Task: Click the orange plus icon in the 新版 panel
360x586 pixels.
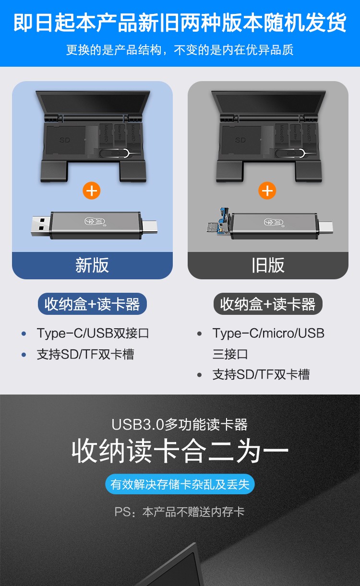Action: [92, 191]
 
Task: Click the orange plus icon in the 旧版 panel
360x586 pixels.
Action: [267, 191]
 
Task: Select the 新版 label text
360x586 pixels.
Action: [92, 265]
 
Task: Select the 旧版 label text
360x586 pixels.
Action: [268, 265]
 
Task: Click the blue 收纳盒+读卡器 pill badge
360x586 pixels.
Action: [92, 304]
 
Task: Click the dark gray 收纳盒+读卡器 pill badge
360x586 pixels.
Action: [268, 304]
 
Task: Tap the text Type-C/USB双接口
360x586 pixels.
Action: [93, 333]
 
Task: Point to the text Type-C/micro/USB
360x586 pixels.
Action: [268, 333]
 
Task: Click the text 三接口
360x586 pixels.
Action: [230, 354]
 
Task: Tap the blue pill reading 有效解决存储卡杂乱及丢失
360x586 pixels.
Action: [180, 484]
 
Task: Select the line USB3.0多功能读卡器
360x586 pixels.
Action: [180, 424]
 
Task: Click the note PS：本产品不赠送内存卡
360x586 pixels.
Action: [180, 512]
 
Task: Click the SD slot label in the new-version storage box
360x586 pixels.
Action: [65, 140]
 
